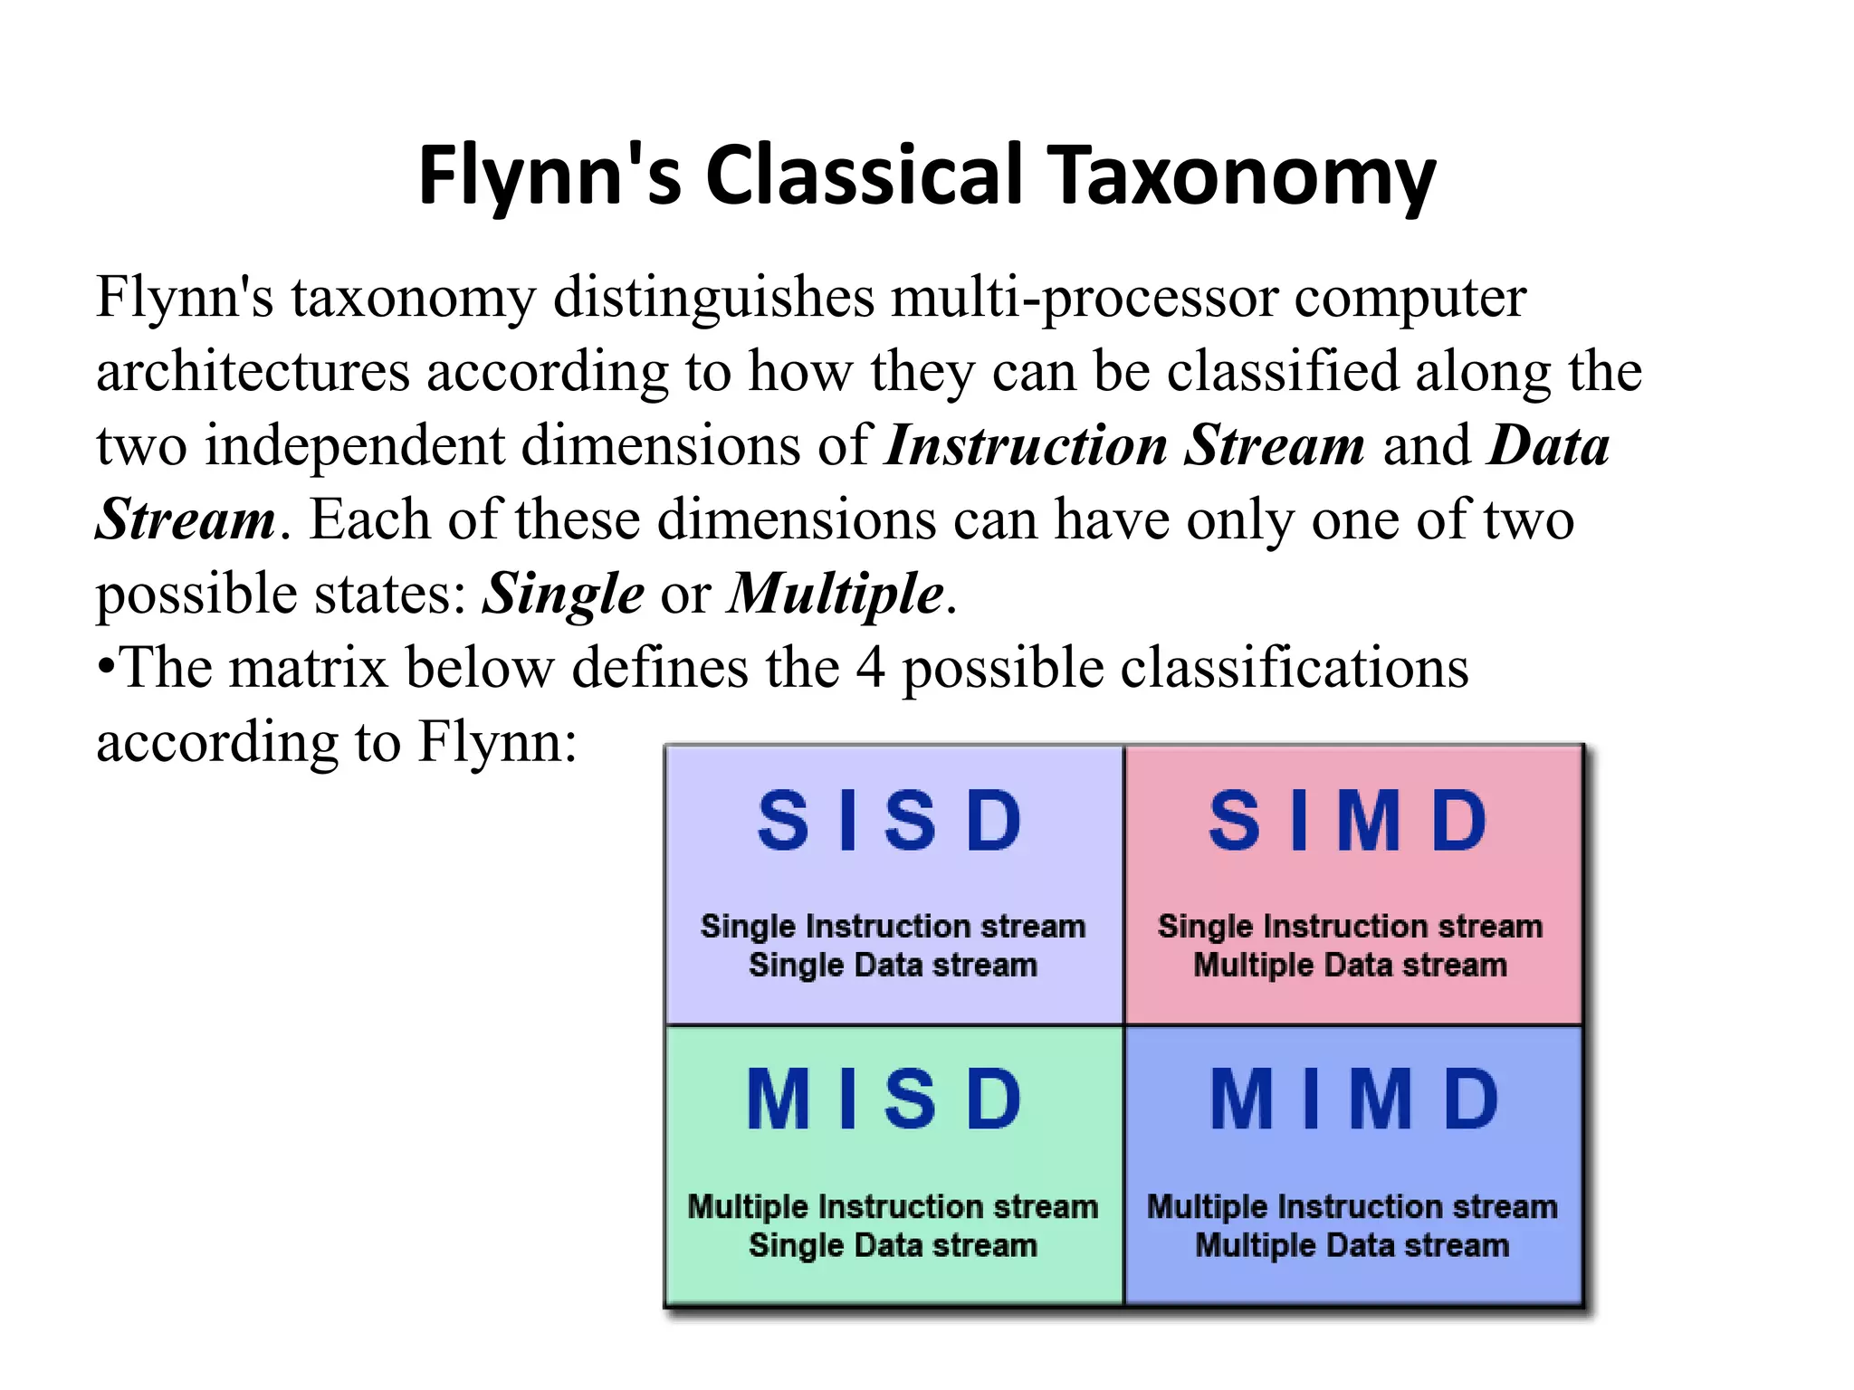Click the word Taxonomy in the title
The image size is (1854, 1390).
(x=1241, y=176)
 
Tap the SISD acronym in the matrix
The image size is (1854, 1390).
(x=892, y=821)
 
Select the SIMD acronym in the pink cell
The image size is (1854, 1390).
(x=1349, y=821)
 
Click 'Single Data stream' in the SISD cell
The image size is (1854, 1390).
(x=893, y=966)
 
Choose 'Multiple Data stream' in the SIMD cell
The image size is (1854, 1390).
(x=1350, y=966)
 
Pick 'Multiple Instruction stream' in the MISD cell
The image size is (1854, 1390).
(x=893, y=1206)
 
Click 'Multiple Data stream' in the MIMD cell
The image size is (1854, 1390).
(x=1352, y=1246)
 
